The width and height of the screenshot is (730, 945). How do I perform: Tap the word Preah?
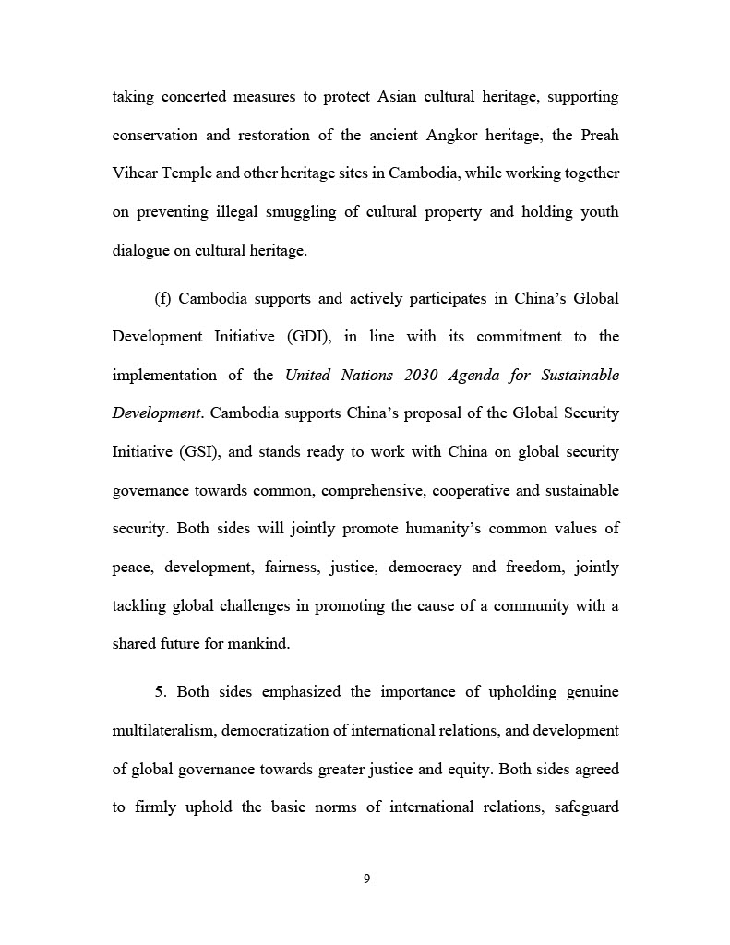click(599, 135)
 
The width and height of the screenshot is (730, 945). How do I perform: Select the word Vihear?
click(134, 173)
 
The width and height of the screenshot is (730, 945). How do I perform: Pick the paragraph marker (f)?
click(163, 298)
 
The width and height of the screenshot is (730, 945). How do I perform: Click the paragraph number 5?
click(159, 691)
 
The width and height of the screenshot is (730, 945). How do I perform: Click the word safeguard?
click(585, 807)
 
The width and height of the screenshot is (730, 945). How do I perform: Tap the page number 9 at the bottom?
click(366, 879)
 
